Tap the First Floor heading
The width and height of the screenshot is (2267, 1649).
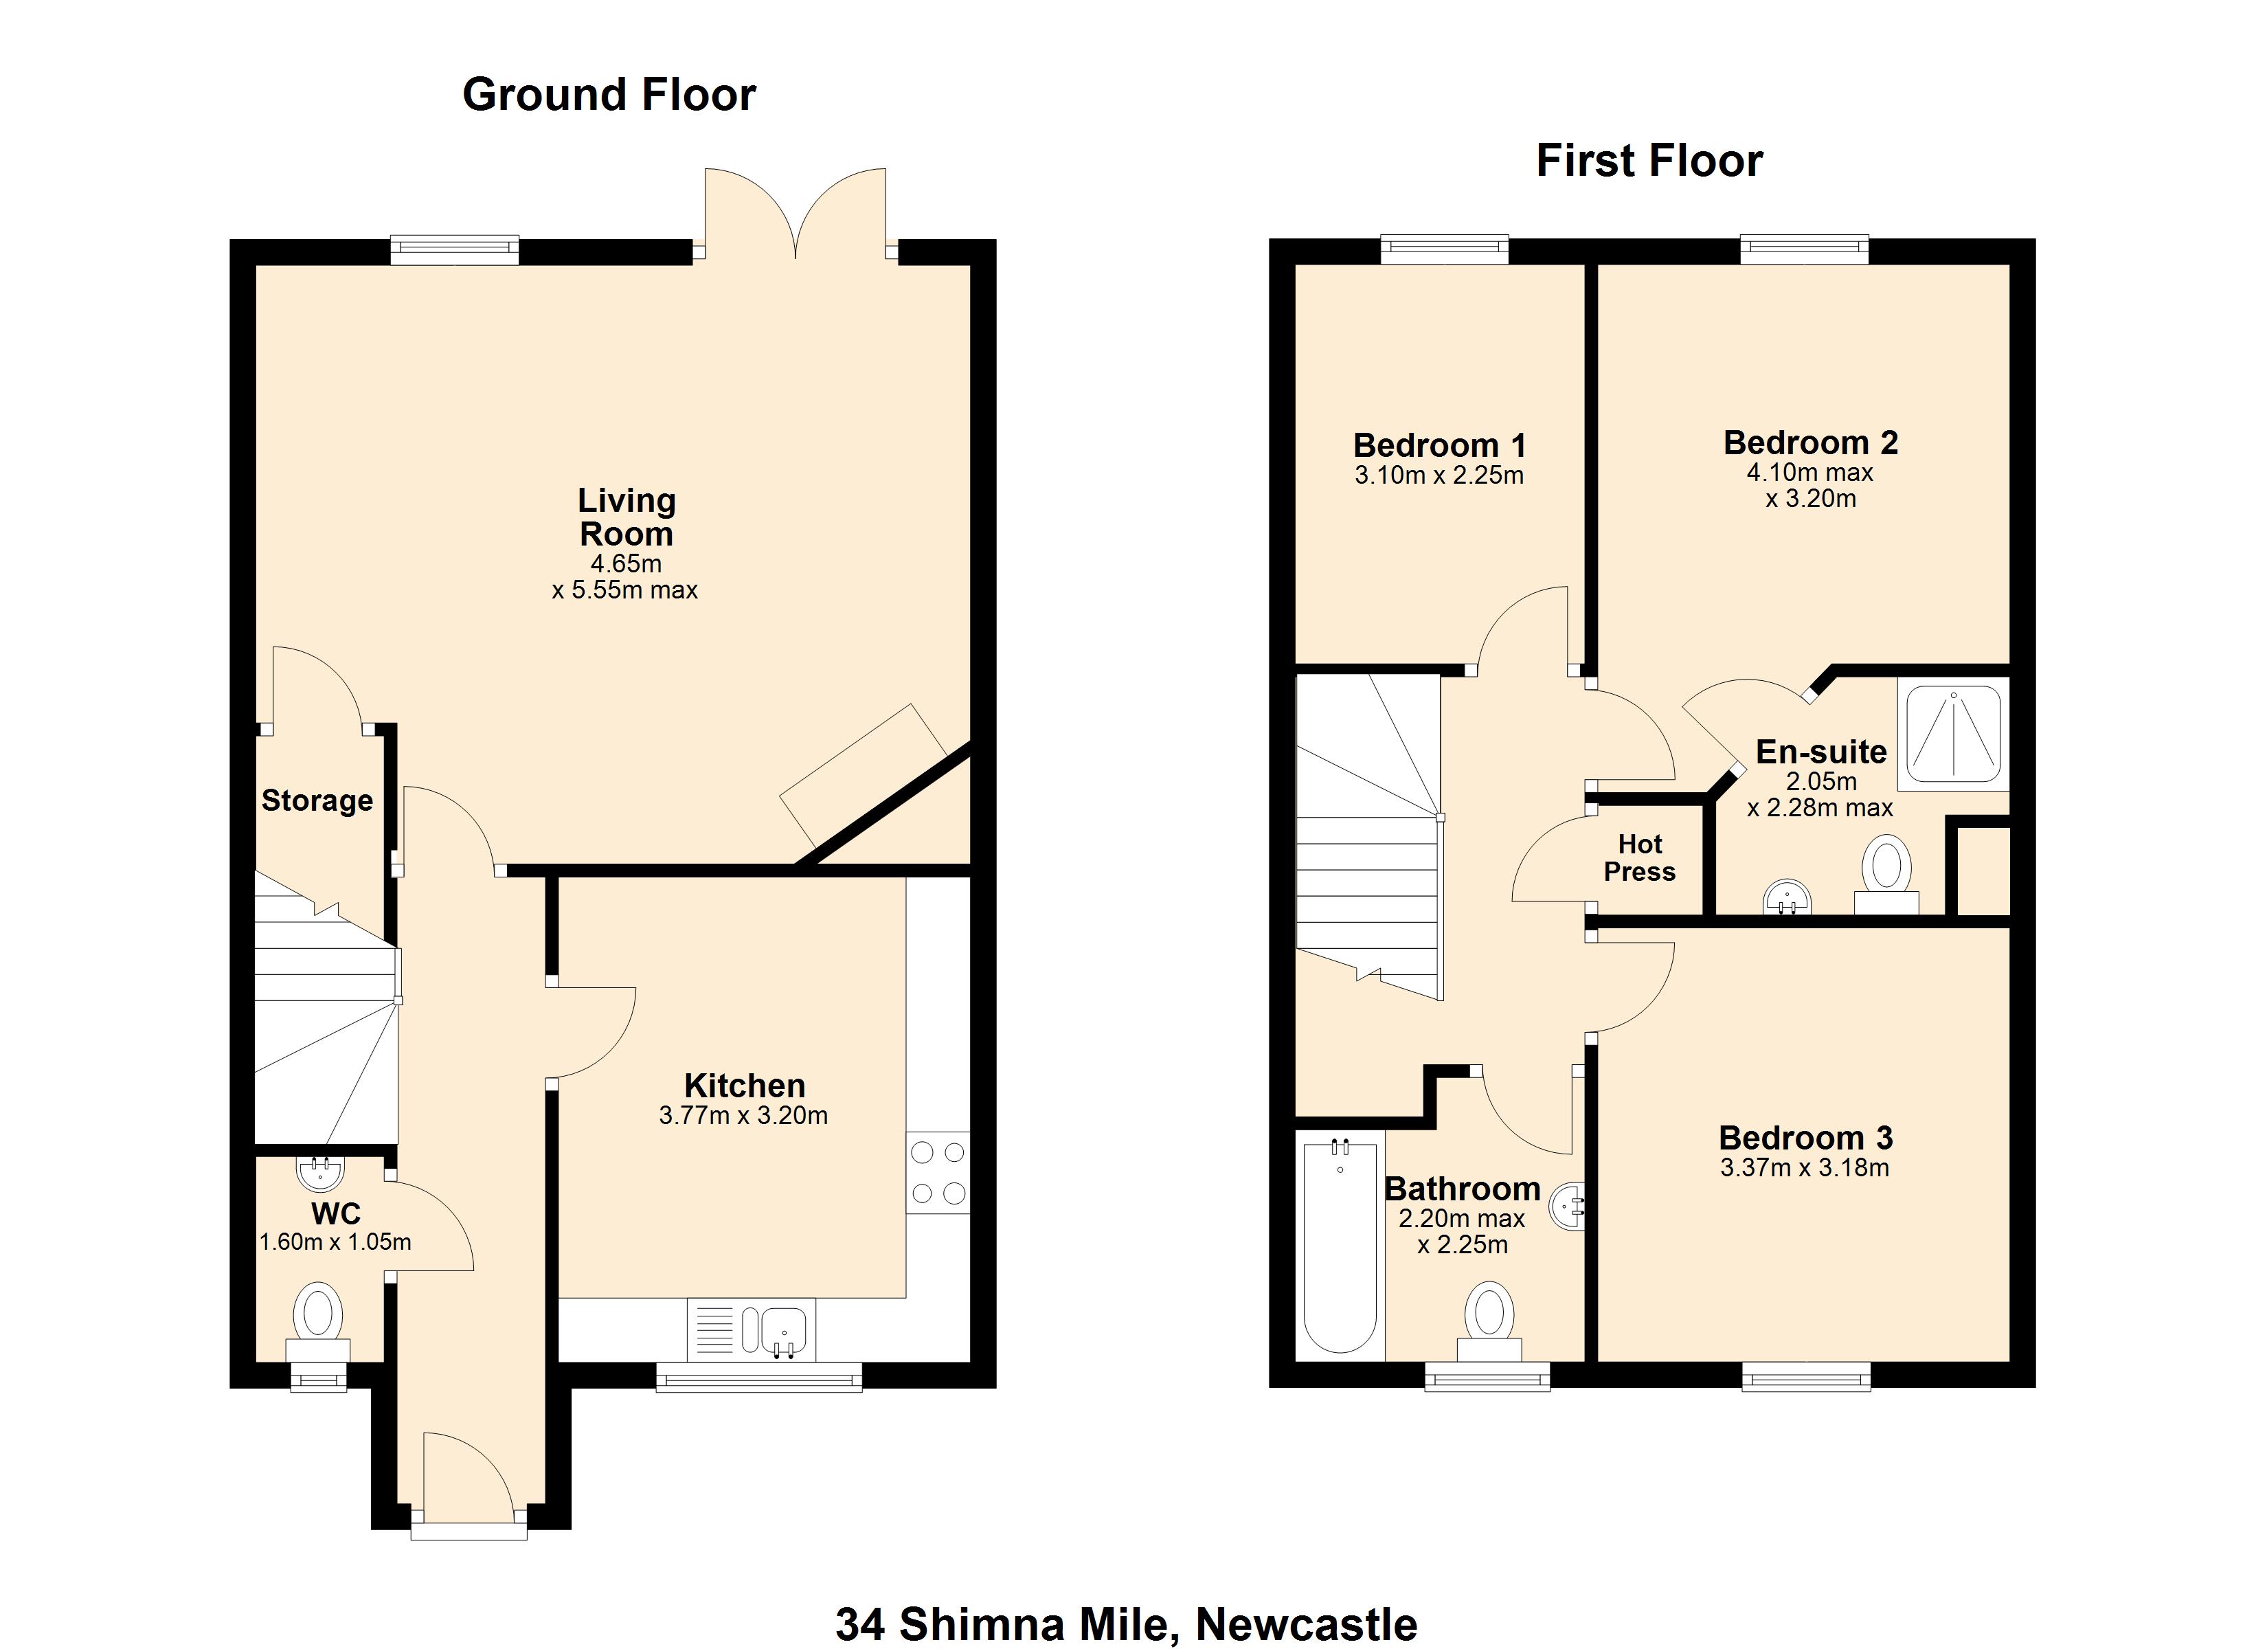coord(1649,161)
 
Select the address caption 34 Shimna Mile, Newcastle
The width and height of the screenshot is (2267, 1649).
coord(1127,1624)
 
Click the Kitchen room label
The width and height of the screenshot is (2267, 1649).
coord(745,1085)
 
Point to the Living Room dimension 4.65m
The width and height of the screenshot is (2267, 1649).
coord(626,564)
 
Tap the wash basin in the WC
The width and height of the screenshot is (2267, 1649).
coord(320,1173)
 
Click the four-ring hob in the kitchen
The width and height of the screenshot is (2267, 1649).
coord(938,1172)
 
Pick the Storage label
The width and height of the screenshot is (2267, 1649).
coord(317,801)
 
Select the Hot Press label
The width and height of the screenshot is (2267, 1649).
coord(1639,858)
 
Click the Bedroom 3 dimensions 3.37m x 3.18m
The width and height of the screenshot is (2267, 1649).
coord(1804,1168)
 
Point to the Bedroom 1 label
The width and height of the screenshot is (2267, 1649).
coord(1439,445)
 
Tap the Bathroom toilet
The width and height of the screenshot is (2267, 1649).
coord(1489,1322)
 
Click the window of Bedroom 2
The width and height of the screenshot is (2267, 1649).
coord(1804,249)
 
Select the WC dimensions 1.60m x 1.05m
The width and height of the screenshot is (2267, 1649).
coord(336,1242)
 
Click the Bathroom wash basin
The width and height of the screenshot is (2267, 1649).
coord(1567,1207)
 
